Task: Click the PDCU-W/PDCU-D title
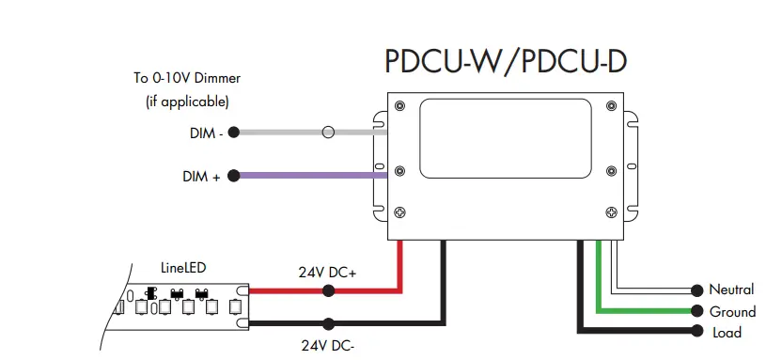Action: coord(506,62)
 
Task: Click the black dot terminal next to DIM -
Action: coord(234,133)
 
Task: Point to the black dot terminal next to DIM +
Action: coord(234,175)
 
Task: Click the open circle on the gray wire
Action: coord(328,133)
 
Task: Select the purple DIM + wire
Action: coord(310,175)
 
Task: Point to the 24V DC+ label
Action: coord(327,274)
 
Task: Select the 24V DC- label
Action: coord(327,345)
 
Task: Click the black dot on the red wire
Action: coord(328,290)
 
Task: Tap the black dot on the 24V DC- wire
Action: coord(328,322)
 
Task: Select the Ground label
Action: coord(732,311)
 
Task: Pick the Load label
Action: coord(727,332)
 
